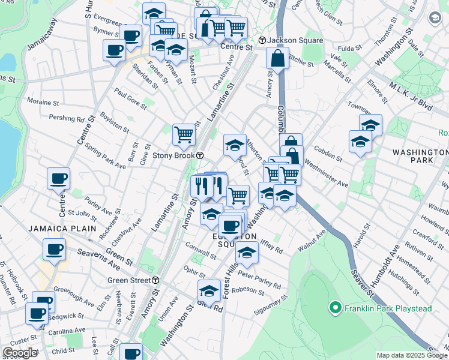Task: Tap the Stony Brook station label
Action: click(178, 155)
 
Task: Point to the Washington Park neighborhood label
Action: click(413, 157)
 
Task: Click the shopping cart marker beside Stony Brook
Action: click(184, 134)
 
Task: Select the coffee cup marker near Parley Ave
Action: click(58, 178)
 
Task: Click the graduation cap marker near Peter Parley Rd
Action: click(247, 253)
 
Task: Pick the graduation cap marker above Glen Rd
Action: click(209, 291)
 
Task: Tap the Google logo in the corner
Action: click(20, 352)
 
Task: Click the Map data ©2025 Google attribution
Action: click(411, 355)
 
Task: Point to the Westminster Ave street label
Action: click(327, 173)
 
